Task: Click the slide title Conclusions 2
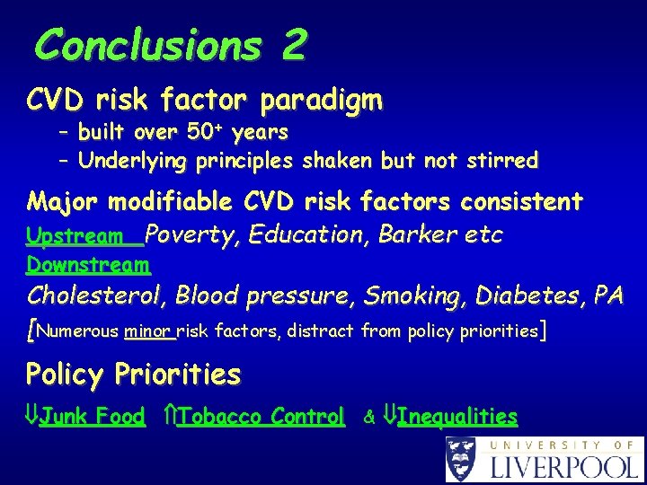[171, 44]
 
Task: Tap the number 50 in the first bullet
[201, 134]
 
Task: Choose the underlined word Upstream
[75, 236]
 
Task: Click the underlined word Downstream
[88, 265]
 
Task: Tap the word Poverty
[191, 235]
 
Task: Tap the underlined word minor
[148, 331]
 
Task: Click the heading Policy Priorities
[133, 374]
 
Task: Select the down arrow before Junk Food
[32, 417]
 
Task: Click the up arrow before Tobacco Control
[172, 417]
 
